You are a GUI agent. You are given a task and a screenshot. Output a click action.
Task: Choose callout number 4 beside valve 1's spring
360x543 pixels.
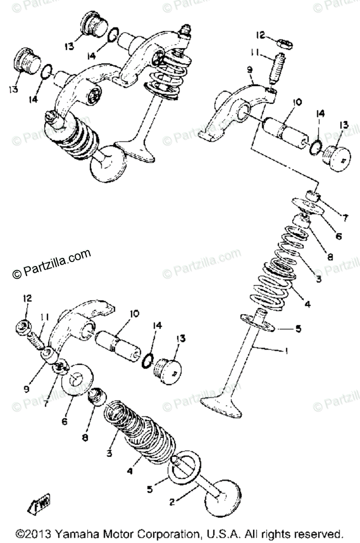click(x=308, y=305)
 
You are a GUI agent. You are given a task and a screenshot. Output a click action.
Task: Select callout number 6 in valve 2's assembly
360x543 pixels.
click(x=64, y=421)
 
